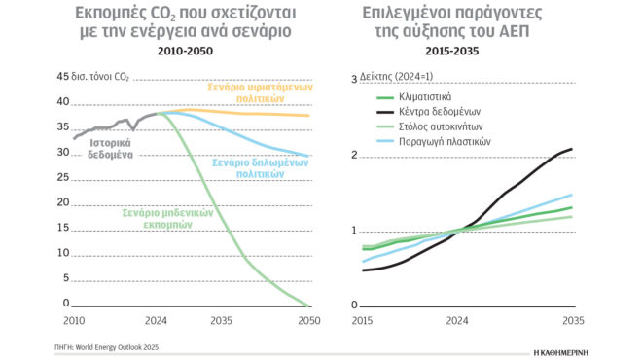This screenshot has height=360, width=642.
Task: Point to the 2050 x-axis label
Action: click(x=308, y=320)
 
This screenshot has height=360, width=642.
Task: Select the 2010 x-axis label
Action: click(x=74, y=320)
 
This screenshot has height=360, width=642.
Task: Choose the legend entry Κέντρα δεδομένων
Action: click(x=435, y=113)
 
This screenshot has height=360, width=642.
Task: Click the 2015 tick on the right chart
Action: click(x=362, y=320)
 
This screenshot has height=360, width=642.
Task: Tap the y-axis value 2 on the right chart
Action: click(x=355, y=155)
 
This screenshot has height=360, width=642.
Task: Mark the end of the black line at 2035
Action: click(x=571, y=149)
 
